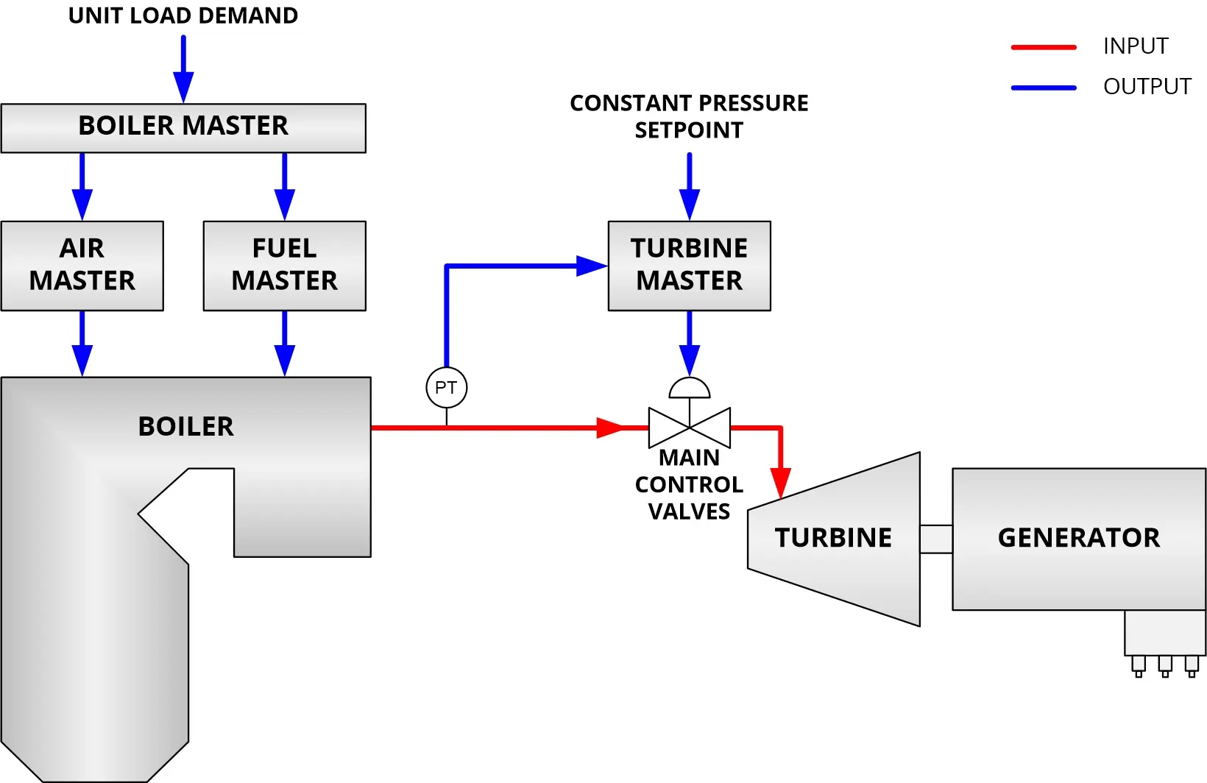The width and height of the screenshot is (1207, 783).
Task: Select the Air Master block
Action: (x=82, y=266)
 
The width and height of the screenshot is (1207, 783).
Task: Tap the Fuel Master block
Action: (x=284, y=266)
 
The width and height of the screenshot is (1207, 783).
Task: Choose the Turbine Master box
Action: (x=689, y=266)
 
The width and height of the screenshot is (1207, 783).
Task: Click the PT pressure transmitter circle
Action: (x=446, y=388)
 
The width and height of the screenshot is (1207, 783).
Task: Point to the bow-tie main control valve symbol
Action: (x=689, y=428)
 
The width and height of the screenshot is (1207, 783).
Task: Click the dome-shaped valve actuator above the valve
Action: (x=689, y=389)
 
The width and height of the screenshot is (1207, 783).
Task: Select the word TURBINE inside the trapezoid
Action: (x=832, y=538)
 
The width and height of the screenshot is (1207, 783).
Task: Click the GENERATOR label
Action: (x=1078, y=538)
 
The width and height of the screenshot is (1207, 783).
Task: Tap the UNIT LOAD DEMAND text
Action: (x=183, y=15)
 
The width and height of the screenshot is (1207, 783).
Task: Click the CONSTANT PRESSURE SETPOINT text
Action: (x=689, y=116)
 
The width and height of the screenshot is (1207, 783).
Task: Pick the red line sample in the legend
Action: (x=1044, y=47)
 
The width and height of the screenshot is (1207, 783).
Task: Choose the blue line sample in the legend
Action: (x=1044, y=88)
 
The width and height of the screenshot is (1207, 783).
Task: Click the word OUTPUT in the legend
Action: (x=1147, y=87)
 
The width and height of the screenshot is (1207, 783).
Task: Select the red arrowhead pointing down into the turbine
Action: (x=780, y=483)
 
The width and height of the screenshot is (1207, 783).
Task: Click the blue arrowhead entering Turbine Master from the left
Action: (x=591, y=266)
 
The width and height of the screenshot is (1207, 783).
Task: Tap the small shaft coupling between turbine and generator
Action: (x=935, y=539)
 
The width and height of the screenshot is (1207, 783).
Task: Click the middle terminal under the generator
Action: (x=1164, y=666)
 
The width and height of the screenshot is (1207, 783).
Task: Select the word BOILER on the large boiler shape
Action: (x=185, y=427)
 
